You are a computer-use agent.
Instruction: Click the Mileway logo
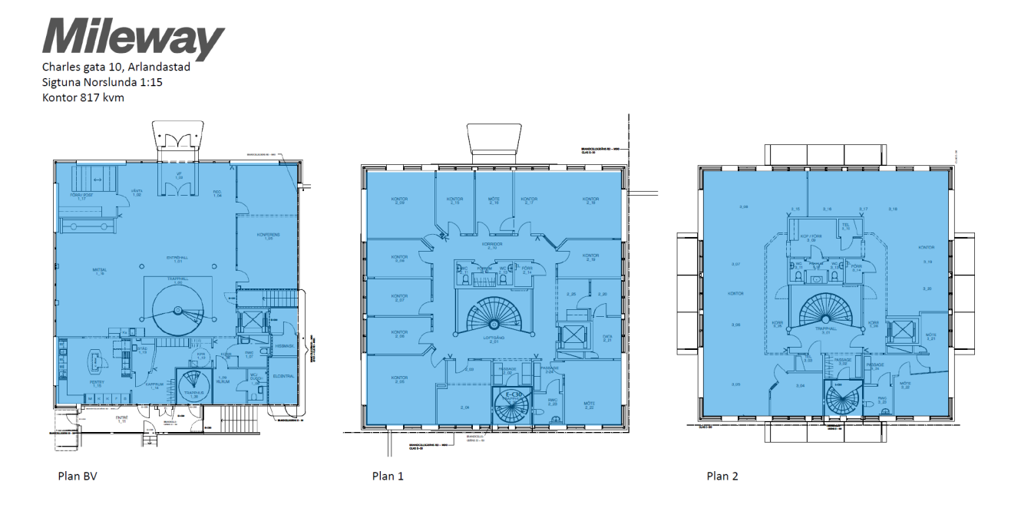coord(133,39)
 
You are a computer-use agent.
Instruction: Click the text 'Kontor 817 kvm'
coord(83,97)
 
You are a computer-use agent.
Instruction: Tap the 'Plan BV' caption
coord(78,476)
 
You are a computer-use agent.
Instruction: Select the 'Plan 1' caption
coord(388,476)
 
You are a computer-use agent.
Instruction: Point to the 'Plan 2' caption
coord(722,476)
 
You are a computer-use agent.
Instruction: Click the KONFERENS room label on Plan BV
coord(265,236)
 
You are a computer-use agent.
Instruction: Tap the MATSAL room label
coord(99,272)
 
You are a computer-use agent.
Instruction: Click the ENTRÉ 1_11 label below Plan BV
coord(121,419)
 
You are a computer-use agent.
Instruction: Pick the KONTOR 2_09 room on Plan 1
coord(399,201)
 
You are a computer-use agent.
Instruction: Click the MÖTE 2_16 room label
coord(494,201)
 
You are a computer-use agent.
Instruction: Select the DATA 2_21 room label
coord(607,338)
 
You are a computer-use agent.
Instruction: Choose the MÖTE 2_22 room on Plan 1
coord(590,406)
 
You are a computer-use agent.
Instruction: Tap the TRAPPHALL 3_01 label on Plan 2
coord(826,331)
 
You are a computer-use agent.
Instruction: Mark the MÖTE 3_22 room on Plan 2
coord(905,385)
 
